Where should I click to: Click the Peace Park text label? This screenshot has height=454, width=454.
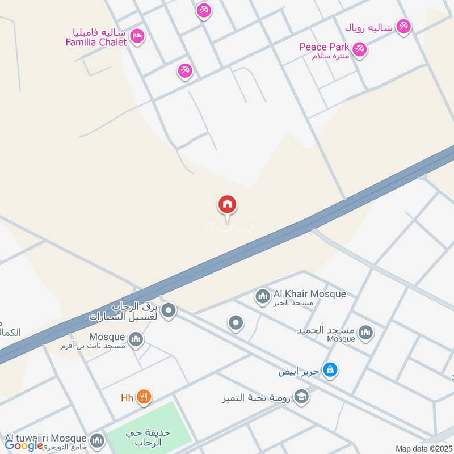pyautogui.click(x=325, y=47)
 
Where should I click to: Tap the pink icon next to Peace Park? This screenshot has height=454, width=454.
pyautogui.click(x=359, y=49)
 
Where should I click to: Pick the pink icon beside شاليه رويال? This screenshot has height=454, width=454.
pyautogui.click(x=403, y=26)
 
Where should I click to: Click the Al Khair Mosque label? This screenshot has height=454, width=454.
pyautogui.click(x=309, y=294)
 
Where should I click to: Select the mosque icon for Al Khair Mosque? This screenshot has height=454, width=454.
pyautogui.click(x=262, y=296)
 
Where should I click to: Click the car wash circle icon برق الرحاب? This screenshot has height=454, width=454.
pyautogui.click(x=168, y=310)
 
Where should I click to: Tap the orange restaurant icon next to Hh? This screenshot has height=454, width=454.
pyautogui.click(x=144, y=397)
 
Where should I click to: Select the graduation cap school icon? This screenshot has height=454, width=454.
pyautogui.click(x=302, y=397)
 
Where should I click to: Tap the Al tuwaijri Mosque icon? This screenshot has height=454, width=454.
pyautogui.click(x=98, y=440)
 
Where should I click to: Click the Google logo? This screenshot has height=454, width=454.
pyautogui.click(x=24, y=445)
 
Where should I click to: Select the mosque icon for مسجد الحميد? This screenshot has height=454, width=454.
pyautogui.click(x=366, y=333)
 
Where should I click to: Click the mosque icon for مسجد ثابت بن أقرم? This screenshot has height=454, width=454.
pyautogui.click(x=136, y=339)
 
